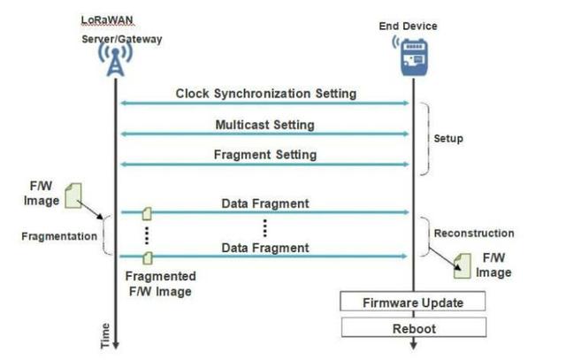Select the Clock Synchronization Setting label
point(265,93)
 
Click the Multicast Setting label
point(264,125)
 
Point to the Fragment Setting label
point(264,155)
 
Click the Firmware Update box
point(413,303)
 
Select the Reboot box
point(413,328)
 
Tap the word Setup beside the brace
point(448,139)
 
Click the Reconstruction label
point(473,234)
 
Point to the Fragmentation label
point(60,237)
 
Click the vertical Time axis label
point(105,334)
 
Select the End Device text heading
point(408,26)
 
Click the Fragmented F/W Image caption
point(161,283)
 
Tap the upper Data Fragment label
point(265,203)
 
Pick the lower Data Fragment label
point(265,248)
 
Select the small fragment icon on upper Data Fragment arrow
point(148,212)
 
